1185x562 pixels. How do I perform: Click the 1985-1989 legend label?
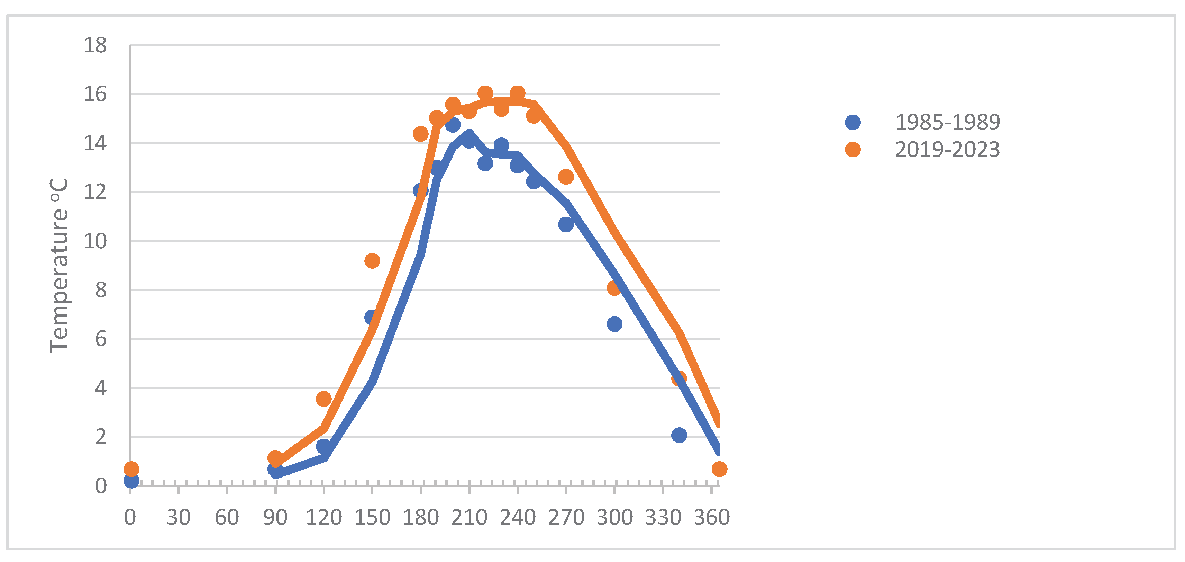tap(947, 122)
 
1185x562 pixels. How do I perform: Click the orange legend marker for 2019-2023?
tap(853, 150)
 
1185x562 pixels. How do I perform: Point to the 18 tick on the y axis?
tap(95, 45)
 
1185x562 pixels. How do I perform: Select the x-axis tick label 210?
tap(469, 517)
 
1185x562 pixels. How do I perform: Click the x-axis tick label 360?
tap(711, 517)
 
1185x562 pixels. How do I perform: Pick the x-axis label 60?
tap(227, 517)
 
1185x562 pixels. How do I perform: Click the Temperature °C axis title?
tap(59, 266)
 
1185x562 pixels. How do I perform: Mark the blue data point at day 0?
tap(131, 481)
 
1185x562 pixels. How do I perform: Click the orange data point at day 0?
tap(131, 469)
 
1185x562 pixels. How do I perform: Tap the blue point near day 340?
tap(678, 435)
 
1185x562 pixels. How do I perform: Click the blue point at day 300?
tap(614, 324)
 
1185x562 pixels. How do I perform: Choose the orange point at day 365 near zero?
tap(719, 469)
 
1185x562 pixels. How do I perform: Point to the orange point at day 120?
tap(323, 399)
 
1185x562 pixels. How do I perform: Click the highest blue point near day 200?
tap(453, 124)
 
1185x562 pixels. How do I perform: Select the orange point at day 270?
tap(566, 177)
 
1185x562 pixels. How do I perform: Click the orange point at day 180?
tap(420, 134)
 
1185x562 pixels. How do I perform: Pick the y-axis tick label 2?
tap(101, 437)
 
